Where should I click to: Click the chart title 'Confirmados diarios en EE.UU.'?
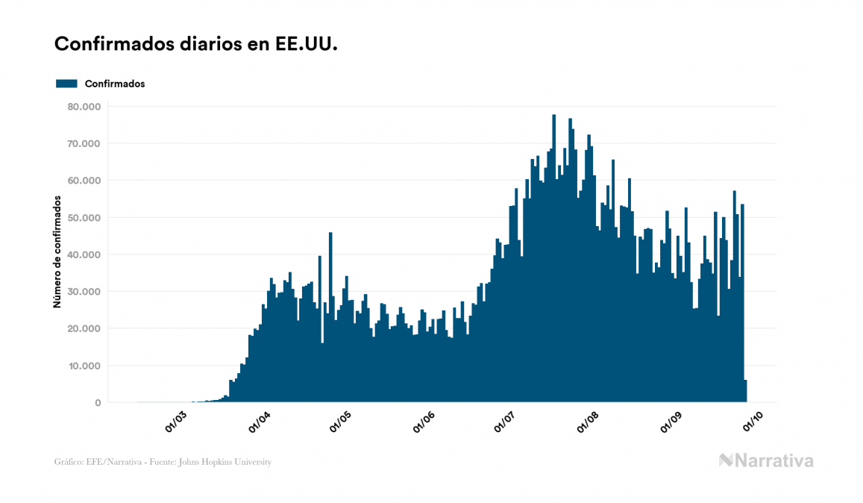coord(196,44)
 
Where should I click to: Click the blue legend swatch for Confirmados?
coord(66,84)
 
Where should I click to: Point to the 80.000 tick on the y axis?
coord(83,107)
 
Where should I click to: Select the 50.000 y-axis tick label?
coord(83,218)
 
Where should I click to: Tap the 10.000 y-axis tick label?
coord(83,366)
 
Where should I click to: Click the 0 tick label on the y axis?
coord(97,403)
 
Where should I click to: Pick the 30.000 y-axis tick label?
coord(83,292)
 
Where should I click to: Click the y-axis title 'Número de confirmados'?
coord(57,251)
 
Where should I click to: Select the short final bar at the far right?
coord(745,391)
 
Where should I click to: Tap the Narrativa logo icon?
coord(727,460)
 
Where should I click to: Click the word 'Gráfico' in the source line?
coord(69,462)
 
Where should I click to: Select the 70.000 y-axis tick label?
coord(83,143)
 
